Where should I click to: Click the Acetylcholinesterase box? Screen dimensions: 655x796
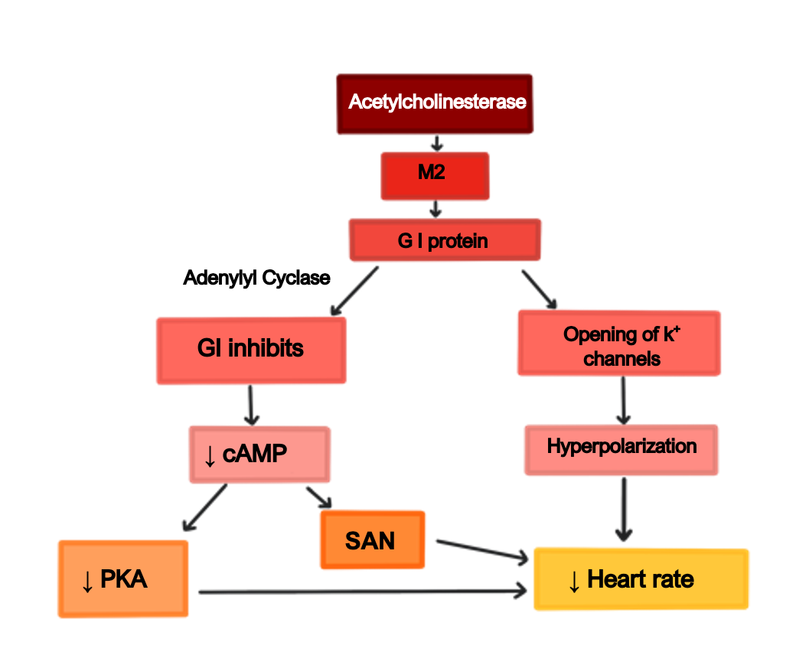tap(435, 103)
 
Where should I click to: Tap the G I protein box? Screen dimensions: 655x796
tap(445, 240)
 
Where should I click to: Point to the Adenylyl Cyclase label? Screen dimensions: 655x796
tap(257, 278)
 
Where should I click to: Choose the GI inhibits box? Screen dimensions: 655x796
tap(251, 350)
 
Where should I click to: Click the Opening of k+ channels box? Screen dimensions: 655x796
tap(619, 344)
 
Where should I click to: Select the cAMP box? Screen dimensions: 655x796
tap(259, 455)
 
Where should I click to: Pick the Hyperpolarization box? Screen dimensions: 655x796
tap(621, 448)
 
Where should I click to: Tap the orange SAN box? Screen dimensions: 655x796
tap(373, 540)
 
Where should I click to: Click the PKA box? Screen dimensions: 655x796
tap(122, 578)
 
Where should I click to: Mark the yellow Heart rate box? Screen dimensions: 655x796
tap(640, 579)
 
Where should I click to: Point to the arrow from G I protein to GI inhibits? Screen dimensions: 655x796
tap(354, 292)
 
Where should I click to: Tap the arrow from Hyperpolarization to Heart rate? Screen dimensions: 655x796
tap(625, 509)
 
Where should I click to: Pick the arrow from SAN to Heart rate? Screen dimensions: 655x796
tap(482, 551)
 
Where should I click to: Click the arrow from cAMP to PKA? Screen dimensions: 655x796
tap(205, 507)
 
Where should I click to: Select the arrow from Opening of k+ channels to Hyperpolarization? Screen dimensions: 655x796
tap(623, 399)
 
